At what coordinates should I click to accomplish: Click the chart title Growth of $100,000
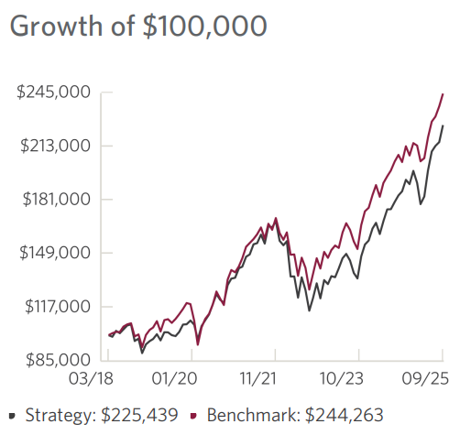coord(137,26)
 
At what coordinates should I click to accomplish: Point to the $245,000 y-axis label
coord(53,92)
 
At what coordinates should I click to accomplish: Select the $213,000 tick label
coord(53,146)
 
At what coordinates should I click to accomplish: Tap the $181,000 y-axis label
coord(53,200)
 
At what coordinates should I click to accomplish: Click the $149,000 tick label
coord(53,253)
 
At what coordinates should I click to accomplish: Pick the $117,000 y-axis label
coord(53,306)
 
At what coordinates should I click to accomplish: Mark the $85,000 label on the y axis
coord(56,360)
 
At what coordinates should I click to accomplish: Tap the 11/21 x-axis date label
coord(257,377)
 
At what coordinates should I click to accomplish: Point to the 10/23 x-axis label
coord(340,377)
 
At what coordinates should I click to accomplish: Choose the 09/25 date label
coord(422,377)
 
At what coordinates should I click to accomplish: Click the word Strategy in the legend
coord(54,415)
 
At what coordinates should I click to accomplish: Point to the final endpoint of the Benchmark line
coord(444,94)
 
